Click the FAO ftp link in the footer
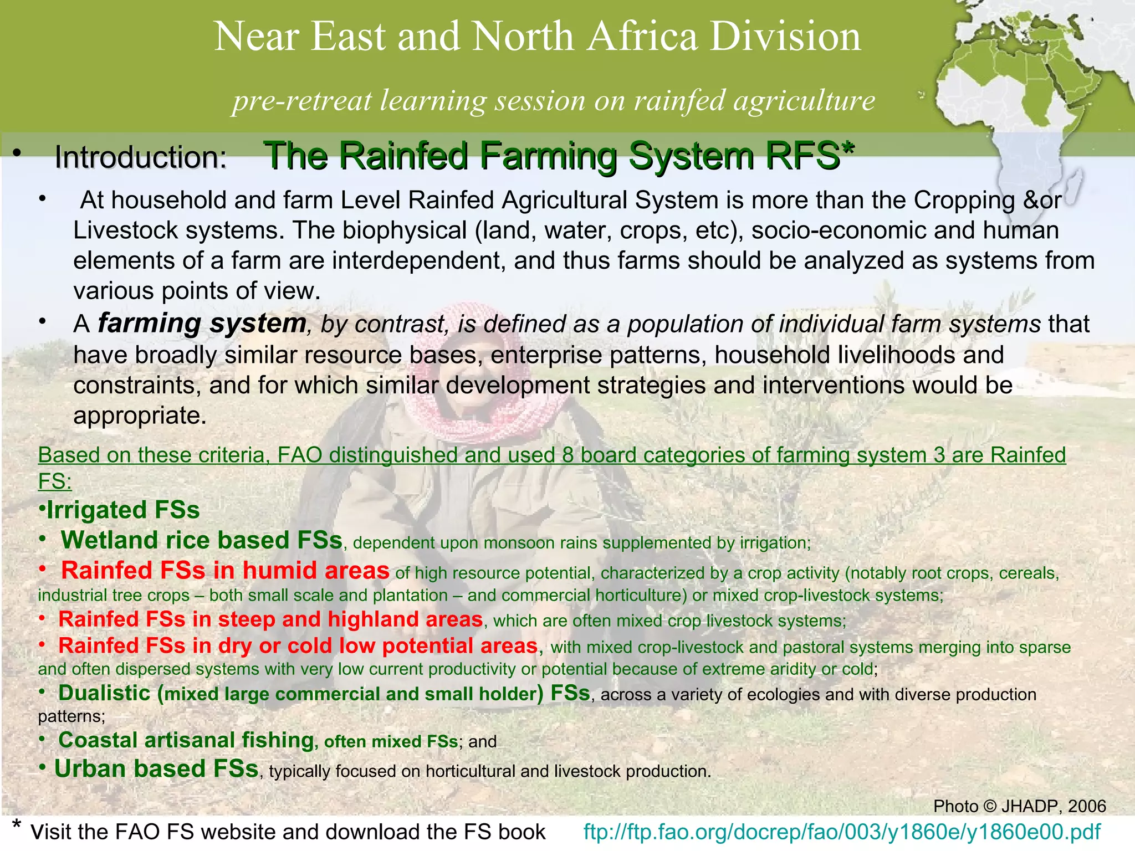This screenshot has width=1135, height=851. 842,832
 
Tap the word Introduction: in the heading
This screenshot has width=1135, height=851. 141,157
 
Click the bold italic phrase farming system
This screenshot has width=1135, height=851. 202,323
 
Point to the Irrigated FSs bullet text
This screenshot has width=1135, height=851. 122,510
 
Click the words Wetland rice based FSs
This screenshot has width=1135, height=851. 201,540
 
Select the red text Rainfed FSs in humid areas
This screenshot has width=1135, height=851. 225,571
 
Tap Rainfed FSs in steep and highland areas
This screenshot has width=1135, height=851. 270,619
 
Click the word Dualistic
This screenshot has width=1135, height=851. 104,693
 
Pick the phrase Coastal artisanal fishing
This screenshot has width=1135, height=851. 186,740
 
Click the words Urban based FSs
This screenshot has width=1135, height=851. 156,769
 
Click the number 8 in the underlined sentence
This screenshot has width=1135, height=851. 567,455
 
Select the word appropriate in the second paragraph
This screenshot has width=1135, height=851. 139,416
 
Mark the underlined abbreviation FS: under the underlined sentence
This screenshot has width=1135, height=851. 55,481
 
